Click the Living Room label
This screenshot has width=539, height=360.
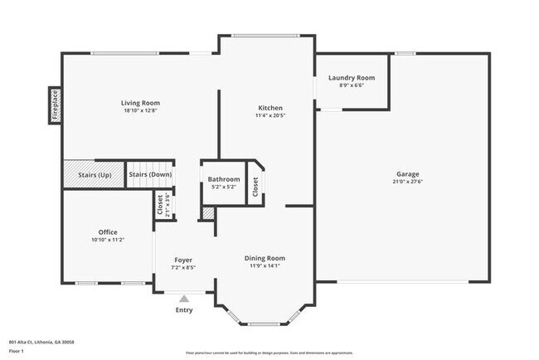140,103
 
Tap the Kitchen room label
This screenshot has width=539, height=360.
270,108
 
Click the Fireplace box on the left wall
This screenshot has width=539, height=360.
56,106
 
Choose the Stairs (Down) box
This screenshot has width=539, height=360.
148,174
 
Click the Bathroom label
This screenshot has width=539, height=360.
224,179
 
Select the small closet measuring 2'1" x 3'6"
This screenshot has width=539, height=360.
160,204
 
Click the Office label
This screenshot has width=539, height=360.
107,231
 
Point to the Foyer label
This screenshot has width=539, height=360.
183,260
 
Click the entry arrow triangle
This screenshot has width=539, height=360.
184,298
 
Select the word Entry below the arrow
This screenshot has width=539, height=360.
184,310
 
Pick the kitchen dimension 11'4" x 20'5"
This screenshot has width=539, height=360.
270,115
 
